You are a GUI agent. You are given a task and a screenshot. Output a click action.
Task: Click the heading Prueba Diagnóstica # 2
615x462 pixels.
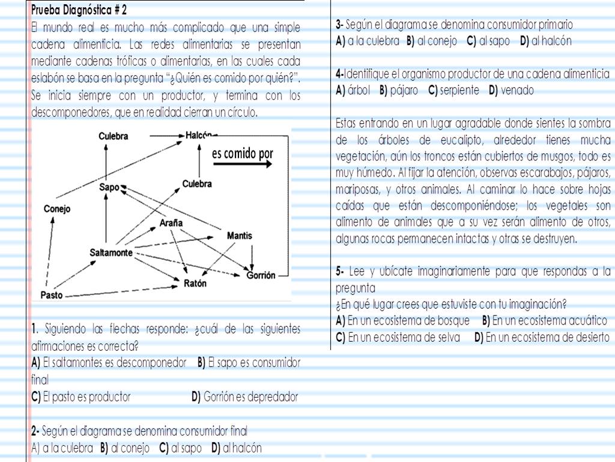[x=79, y=10]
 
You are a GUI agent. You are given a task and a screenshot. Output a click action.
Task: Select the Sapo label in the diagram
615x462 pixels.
[x=110, y=188]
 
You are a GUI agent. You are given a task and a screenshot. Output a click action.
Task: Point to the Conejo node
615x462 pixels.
[x=57, y=209]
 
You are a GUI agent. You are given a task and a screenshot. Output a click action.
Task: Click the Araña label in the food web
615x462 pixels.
[x=171, y=222]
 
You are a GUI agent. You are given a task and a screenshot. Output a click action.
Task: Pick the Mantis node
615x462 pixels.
[x=239, y=236]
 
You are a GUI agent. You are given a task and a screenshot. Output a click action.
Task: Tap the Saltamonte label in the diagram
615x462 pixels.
[x=111, y=252]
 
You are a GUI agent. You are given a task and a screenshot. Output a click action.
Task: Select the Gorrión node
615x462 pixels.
[x=261, y=276]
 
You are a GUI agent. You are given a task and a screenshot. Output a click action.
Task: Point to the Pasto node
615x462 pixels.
[x=51, y=295]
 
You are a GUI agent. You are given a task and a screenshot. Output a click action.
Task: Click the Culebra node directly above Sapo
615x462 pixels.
[x=114, y=136]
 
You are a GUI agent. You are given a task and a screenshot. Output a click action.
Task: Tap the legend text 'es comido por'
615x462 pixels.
[x=243, y=153]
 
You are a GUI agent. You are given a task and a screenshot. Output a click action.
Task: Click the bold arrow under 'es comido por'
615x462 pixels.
[x=243, y=166]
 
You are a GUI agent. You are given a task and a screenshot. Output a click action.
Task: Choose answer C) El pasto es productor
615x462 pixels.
[x=80, y=397]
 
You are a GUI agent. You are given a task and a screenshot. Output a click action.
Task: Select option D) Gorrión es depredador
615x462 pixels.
[x=244, y=397]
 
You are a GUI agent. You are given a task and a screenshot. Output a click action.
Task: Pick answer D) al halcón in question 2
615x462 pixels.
[x=237, y=448]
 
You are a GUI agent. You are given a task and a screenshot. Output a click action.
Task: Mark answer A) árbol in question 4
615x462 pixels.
[x=354, y=91]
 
